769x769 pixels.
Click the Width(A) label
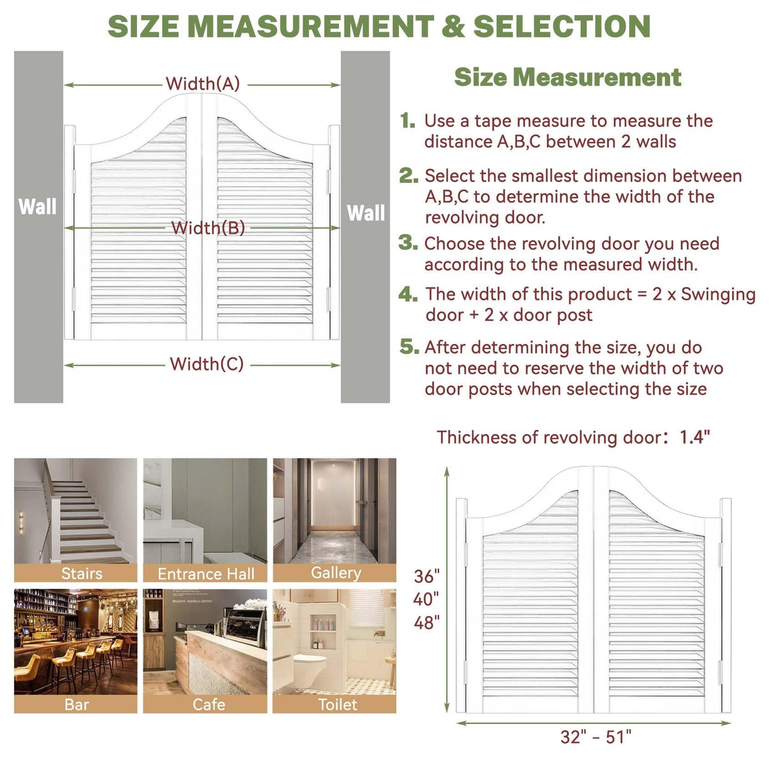tap(203, 84)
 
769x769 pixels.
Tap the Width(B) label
tap(208, 227)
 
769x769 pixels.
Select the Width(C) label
tap(207, 364)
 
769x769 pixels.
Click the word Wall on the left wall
tap(37, 207)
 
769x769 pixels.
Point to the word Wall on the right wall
tap(365, 213)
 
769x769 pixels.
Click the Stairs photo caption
tap(82, 573)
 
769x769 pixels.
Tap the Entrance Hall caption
tap(206, 574)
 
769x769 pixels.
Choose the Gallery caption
tap(336, 573)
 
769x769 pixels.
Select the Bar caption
tap(77, 704)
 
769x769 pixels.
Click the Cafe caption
tap(208, 704)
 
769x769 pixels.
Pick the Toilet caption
tap(338, 704)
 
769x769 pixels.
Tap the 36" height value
tap(426, 576)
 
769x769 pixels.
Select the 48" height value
tap(426, 623)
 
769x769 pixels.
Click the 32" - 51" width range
tap(596, 737)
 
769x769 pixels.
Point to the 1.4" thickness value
tap(695, 437)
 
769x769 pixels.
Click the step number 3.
tap(408, 243)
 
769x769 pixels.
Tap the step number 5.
tap(409, 346)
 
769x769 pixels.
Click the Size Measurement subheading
tap(568, 77)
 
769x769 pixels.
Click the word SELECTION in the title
tap(562, 27)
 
